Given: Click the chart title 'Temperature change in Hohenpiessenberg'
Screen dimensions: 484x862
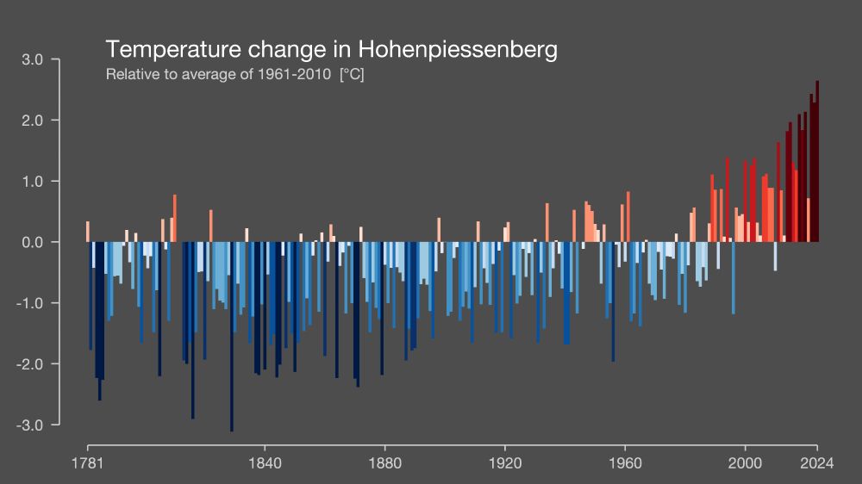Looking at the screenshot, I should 331,49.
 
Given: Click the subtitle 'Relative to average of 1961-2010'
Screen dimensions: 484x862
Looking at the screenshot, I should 218,74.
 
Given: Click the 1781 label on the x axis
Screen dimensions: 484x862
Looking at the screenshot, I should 87,462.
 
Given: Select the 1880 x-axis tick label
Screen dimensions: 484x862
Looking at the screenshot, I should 384,462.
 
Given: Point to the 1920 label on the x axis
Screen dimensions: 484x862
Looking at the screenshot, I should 504,462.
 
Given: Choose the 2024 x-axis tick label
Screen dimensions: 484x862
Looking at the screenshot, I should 816,462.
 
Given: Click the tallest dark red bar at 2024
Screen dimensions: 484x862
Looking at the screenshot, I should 816,164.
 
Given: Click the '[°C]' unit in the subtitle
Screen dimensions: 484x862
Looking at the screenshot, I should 352,74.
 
